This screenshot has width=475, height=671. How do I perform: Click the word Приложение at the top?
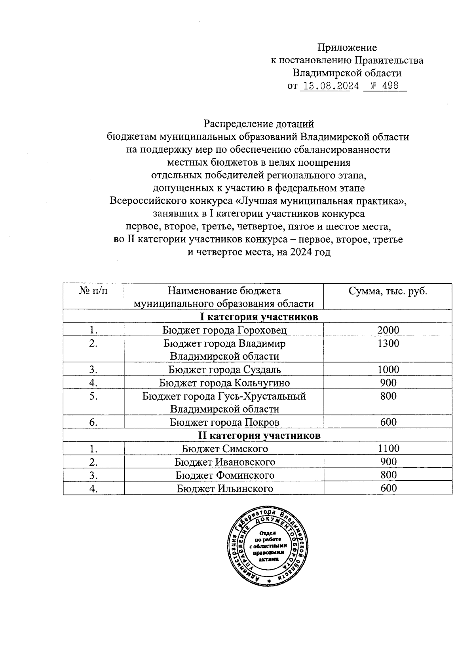tap(347, 48)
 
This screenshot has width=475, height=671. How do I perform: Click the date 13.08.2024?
tap(331, 86)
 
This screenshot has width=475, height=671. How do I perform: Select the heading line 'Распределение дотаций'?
tap(259, 124)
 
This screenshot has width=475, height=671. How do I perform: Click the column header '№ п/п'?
tap(93, 291)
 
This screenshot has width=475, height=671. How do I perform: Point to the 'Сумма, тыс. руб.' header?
tap(388, 291)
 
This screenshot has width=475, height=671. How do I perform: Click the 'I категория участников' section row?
tap(259, 317)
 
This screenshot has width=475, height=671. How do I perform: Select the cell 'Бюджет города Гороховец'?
tap(224, 330)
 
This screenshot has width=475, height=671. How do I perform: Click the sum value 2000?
tap(388, 330)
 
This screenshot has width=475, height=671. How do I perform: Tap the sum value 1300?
tap(388, 343)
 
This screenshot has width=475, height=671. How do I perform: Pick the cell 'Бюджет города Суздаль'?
tap(224, 370)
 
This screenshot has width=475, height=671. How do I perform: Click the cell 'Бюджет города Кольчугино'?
tap(224, 383)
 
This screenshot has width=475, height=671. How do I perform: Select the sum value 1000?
tap(388, 370)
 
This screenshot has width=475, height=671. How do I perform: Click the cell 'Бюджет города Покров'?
tap(224, 422)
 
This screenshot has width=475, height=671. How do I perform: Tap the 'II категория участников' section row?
tap(259, 435)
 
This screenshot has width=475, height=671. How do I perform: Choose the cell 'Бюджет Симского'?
tap(224, 449)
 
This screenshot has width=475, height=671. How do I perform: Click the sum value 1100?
tap(388, 449)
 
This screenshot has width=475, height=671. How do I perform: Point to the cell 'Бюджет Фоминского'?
tap(224, 475)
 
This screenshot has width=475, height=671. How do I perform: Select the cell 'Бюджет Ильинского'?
tap(224, 488)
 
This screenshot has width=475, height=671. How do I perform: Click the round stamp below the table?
tap(269, 545)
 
